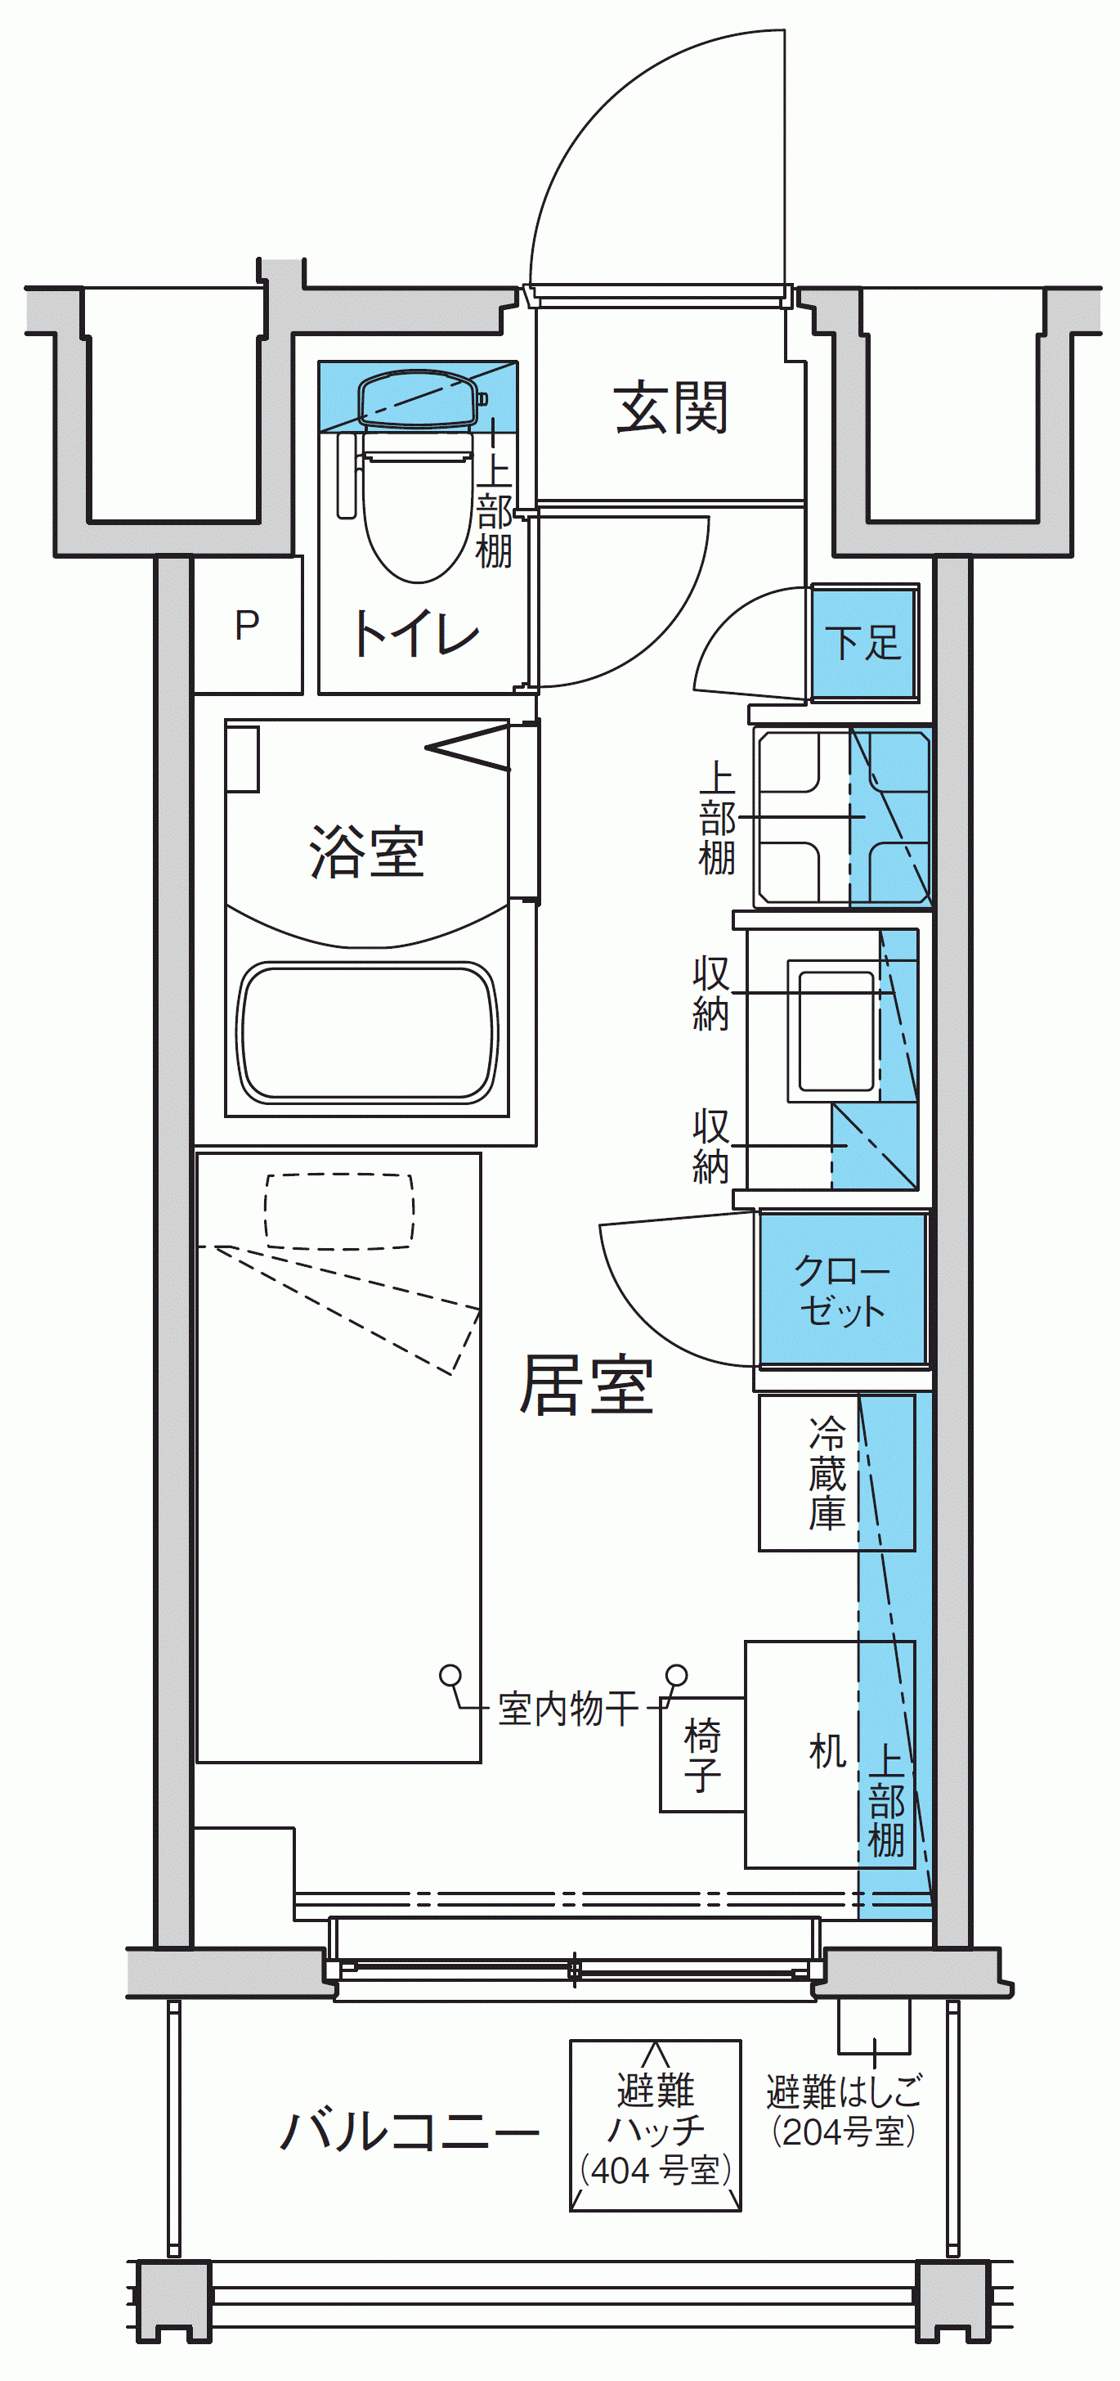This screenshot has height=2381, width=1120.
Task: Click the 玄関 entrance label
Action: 671,407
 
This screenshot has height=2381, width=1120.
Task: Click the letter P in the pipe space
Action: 247,626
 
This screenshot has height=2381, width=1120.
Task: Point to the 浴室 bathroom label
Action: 367,851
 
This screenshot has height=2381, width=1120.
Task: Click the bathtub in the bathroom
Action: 368,1033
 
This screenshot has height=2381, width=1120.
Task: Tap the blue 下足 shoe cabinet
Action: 863,641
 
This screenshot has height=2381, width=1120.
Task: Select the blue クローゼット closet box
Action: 842,1289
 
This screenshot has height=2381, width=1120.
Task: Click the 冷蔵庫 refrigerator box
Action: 836,1472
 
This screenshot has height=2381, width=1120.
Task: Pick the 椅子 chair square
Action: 702,1754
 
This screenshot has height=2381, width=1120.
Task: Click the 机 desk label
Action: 827,1750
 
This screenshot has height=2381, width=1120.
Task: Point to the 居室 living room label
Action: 586,1385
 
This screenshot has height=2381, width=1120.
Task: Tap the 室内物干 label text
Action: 567,1708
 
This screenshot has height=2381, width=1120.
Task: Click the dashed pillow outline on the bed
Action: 339,1211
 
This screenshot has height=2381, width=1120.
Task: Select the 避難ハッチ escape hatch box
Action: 655,2126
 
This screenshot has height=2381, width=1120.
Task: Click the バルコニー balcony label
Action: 410,2131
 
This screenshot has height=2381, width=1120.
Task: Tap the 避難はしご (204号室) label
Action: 844,2110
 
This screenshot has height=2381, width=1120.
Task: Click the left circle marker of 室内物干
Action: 450,1674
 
